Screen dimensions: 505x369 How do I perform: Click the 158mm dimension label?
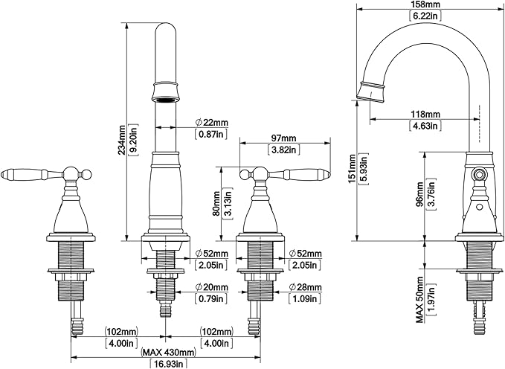click(x=425, y=4)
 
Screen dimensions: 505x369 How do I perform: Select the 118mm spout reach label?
click(x=425, y=115)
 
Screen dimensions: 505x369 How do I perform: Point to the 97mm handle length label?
click(x=284, y=138)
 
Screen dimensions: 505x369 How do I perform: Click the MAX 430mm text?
click(x=168, y=352)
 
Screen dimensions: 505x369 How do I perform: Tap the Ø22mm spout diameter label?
click(x=212, y=123)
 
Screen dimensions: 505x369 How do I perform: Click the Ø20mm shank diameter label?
click(x=212, y=287)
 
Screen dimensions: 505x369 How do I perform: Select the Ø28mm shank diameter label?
click(x=306, y=287)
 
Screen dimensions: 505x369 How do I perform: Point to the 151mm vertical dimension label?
click(x=353, y=169)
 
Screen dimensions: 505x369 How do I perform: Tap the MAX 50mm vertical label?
click(x=419, y=299)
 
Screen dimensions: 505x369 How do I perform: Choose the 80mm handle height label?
click(x=216, y=204)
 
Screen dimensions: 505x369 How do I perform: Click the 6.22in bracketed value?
click(x=425, y=16)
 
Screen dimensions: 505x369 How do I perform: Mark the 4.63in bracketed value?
click(x=425, y=126)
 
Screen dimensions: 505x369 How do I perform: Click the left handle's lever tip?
click(x=2, y=174)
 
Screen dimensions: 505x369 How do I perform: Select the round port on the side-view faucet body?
click(x=478, y=175)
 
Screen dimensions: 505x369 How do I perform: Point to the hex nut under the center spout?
click(x=166, y=277)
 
